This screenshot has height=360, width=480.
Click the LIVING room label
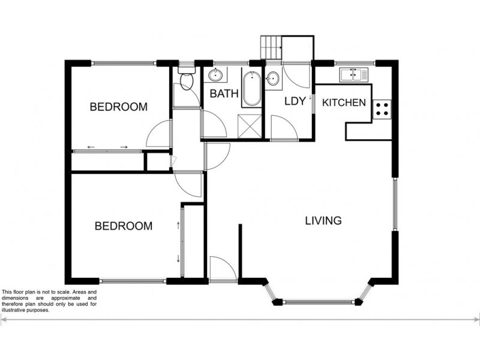323,220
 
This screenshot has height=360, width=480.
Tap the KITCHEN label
344,103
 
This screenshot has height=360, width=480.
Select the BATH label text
224,94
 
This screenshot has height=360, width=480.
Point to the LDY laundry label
295,101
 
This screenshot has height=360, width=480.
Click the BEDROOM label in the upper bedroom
118,107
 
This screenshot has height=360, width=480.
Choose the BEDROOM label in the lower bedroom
124,226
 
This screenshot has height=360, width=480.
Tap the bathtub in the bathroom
251,89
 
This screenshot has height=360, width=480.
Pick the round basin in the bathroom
216,76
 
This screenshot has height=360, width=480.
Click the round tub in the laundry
274,77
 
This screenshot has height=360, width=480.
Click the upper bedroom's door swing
159,135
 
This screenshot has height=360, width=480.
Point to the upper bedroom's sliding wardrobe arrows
109,147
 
